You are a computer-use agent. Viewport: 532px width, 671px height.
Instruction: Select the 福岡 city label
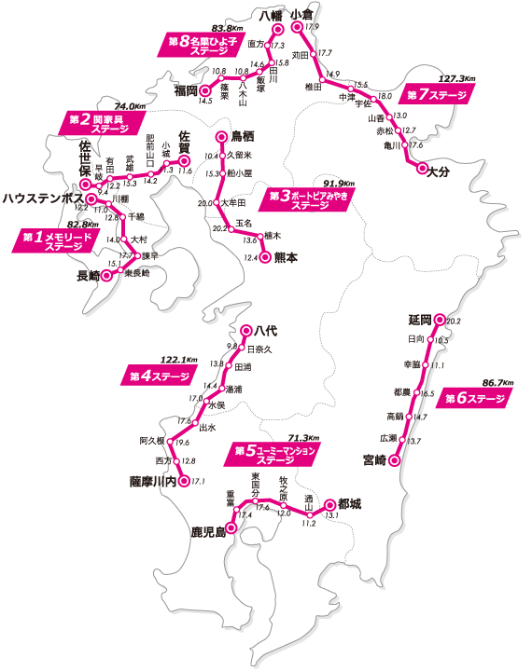pyautogui.click(x=186, y=90)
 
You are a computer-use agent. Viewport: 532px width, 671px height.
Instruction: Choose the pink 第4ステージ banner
pyautogui.click(x=158, y=377)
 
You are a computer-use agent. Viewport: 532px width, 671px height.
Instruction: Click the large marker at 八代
pyautogui.click(x=247, y=330)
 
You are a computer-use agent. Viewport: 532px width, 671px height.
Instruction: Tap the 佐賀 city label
pyautogui.click(x=190, y=146)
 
